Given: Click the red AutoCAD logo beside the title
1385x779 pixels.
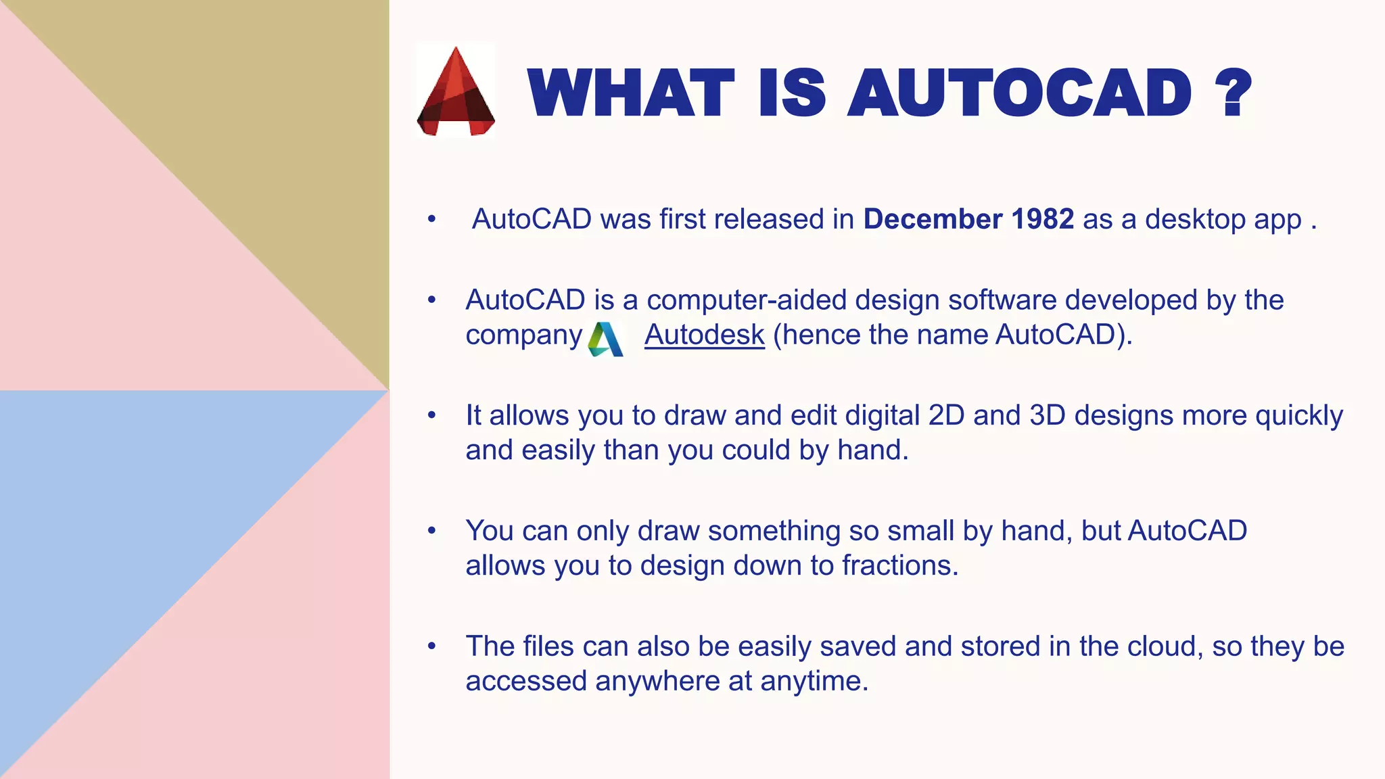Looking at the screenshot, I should tap(456, 91).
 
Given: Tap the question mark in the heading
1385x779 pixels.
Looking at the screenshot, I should tap(1233, 93).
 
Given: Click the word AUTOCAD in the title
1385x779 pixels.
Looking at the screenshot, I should tap(1019, 93).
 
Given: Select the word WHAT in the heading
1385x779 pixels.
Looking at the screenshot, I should tap(630, 93).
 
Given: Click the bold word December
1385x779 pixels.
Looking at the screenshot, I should tap(933, 219).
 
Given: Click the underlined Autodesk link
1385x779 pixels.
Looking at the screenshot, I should tap(704, 335).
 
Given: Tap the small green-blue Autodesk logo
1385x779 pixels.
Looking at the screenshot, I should tap(605, 339).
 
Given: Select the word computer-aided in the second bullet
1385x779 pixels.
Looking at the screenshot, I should tap(746, 300).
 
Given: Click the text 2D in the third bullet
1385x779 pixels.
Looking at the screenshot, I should tap(946, 415).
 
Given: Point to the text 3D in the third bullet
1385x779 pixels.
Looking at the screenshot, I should tap(1047, 415).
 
